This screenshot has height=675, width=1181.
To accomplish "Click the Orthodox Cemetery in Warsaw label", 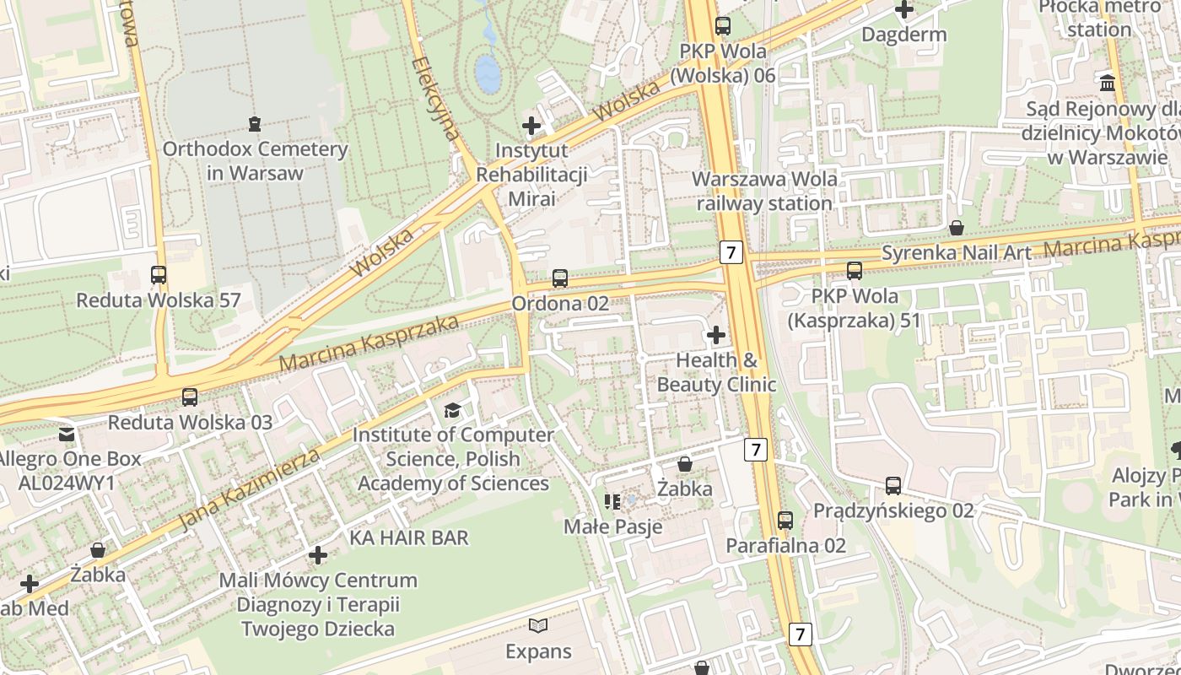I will click(x=255, y=161).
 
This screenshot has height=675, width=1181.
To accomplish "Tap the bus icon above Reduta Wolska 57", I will click(x=159, y=274).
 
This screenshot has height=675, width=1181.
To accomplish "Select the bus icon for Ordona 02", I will click(x=559, y=278).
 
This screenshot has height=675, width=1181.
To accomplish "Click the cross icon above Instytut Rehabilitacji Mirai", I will click(x=531, y=126).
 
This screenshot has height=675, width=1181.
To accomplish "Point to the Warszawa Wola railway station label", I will click(x=764, y=191).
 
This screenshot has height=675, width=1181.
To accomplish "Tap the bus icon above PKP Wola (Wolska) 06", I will click(x=723, y=25).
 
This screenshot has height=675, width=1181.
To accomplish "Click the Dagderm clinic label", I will click(x=904, y=35).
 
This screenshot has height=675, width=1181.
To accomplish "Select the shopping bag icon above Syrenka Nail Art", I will click(x=957, y=228).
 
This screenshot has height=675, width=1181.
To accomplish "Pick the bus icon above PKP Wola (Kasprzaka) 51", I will click(x=854, y=271).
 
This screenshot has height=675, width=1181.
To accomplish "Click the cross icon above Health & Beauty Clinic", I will click(x=715, y=335).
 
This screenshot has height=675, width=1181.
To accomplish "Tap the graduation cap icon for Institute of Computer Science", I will click(x=453, y=410).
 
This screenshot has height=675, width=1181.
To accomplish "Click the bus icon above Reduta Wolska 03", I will click(x=190, y=397).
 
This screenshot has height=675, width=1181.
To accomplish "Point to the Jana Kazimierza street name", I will click(x=251, y=490).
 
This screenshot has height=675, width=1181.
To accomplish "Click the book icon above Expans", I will click(x=538, y=625).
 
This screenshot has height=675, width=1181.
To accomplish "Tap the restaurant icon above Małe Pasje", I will click(x=612, y=502).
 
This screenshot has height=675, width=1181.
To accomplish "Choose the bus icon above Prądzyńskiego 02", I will click(x=893, y=485).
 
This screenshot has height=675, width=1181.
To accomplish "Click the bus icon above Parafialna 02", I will click(x=785, y=520).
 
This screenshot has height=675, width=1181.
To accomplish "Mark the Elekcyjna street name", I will click(x=436, y=98).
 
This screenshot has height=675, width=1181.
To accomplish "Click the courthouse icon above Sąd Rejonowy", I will click(x=1108, y=84).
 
